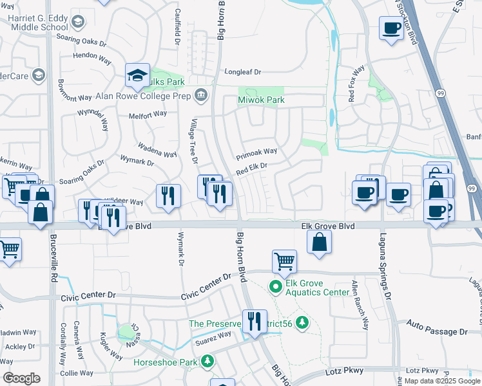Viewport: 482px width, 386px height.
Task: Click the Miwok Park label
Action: point(261,100)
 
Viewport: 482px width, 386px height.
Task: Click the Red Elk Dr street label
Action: point(251,169)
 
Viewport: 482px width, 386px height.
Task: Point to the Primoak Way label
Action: point(256,154)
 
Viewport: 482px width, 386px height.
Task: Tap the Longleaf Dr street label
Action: point(242,72)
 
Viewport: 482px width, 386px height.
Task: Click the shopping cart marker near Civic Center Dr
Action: point(284,261)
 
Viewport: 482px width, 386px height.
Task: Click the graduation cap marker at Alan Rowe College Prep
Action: point(137,75)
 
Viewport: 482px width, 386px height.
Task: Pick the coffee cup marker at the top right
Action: point(391,28)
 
